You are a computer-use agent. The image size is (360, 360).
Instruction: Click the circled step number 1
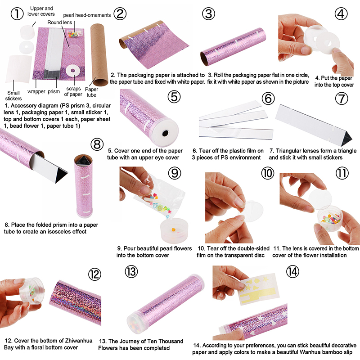pos(17,13)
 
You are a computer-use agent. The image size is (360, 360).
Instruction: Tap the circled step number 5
pos(174,96)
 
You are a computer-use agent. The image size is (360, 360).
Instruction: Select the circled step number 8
pos(97,144)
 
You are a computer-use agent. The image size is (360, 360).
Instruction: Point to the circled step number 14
pos(292,272)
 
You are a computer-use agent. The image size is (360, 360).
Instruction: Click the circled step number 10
pos(268,173)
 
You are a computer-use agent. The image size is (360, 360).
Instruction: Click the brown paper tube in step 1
pos(99,54)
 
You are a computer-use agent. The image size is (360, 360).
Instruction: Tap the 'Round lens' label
pos(60,22)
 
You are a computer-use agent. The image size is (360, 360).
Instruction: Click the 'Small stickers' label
pos(13,96)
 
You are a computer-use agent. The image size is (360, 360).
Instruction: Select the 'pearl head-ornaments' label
pos(87,15)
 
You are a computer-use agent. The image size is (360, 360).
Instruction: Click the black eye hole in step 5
pos(165,133)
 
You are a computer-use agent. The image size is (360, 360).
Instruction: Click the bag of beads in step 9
pos(159,198)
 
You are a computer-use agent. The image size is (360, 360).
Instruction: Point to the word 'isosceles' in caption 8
pos(59,231)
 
